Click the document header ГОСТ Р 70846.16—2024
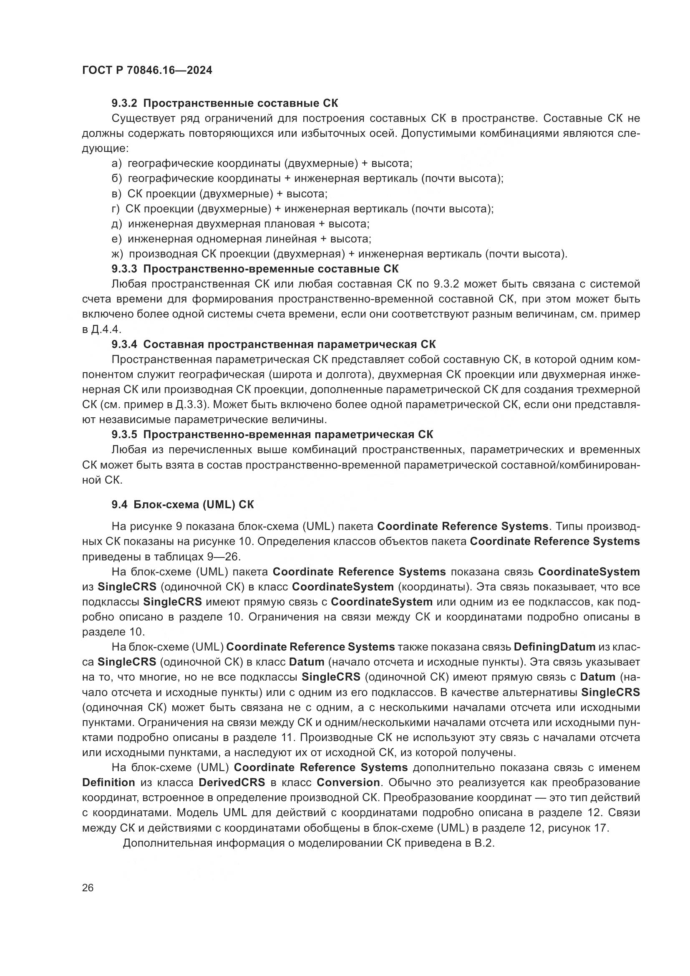[147, 70]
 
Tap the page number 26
[88, 888]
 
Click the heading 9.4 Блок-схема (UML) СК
[183, 504]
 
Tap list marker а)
[117, 164]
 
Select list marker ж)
[117, 254]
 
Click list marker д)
[117, 224]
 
